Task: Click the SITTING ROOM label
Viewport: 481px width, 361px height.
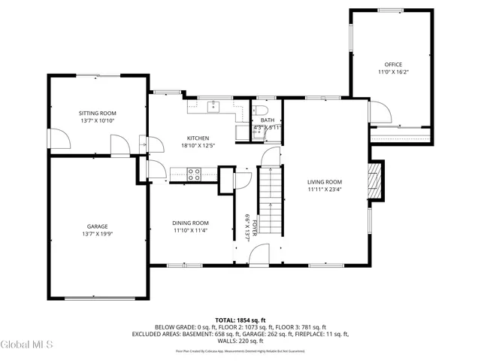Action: pyautogui.click(x=98, y=111)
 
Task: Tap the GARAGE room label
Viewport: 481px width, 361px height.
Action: pyautogui.click(x=97, y=226)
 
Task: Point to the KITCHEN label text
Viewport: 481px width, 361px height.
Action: pyautogui.click(x=198, y=138)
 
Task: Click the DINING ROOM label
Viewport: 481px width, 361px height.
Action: pyautogui.click(x=190, y=223)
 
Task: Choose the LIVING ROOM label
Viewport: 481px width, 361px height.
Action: pyautogui.click(x=325, y=181)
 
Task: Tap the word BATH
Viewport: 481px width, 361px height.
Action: pyautogui.click(x=268, y=120)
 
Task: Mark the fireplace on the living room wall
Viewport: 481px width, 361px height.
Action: pyautogui.click(x=376, y=181)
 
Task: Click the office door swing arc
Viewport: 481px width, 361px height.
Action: pyautogui.click(x=381, y=112)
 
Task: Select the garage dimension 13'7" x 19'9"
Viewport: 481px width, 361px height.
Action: pyautogui.click(x=97, y=234)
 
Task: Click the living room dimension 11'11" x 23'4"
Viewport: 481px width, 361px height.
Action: pyautogui.click(x=325, y=190)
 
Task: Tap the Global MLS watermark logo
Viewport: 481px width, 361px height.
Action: pyautogui.click(x=27, y=344)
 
